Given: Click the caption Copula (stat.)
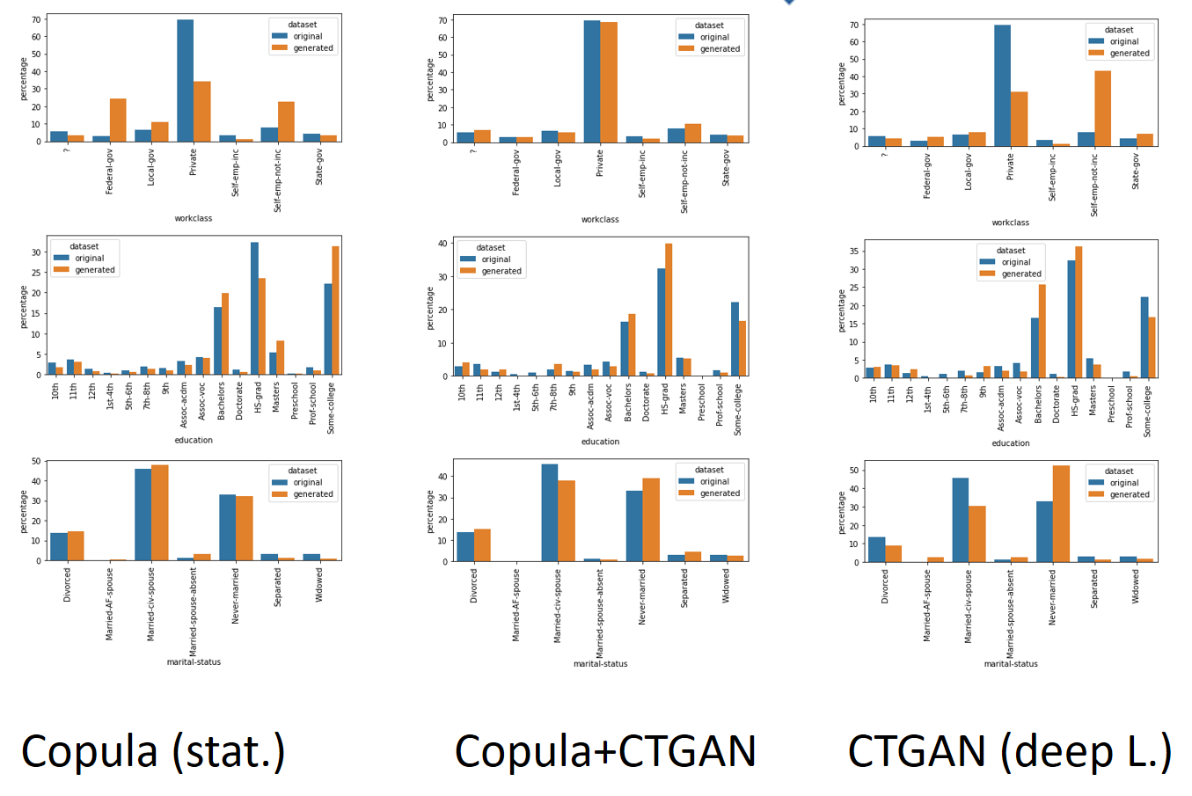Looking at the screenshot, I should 153,752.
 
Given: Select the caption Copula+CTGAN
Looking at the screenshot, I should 605,752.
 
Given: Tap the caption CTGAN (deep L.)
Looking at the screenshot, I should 1009,752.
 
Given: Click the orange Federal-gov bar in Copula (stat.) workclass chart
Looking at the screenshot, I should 118,120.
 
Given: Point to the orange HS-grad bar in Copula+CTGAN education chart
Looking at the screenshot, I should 669,310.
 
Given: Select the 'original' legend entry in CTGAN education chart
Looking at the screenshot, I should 1015,262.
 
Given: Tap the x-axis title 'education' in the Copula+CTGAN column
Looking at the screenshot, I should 600,442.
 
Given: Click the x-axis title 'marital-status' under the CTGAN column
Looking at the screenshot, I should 1011,664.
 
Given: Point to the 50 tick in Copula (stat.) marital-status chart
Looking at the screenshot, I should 36,461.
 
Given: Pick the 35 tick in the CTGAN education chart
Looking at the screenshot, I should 854,252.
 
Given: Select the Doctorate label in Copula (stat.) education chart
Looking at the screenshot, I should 239,400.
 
